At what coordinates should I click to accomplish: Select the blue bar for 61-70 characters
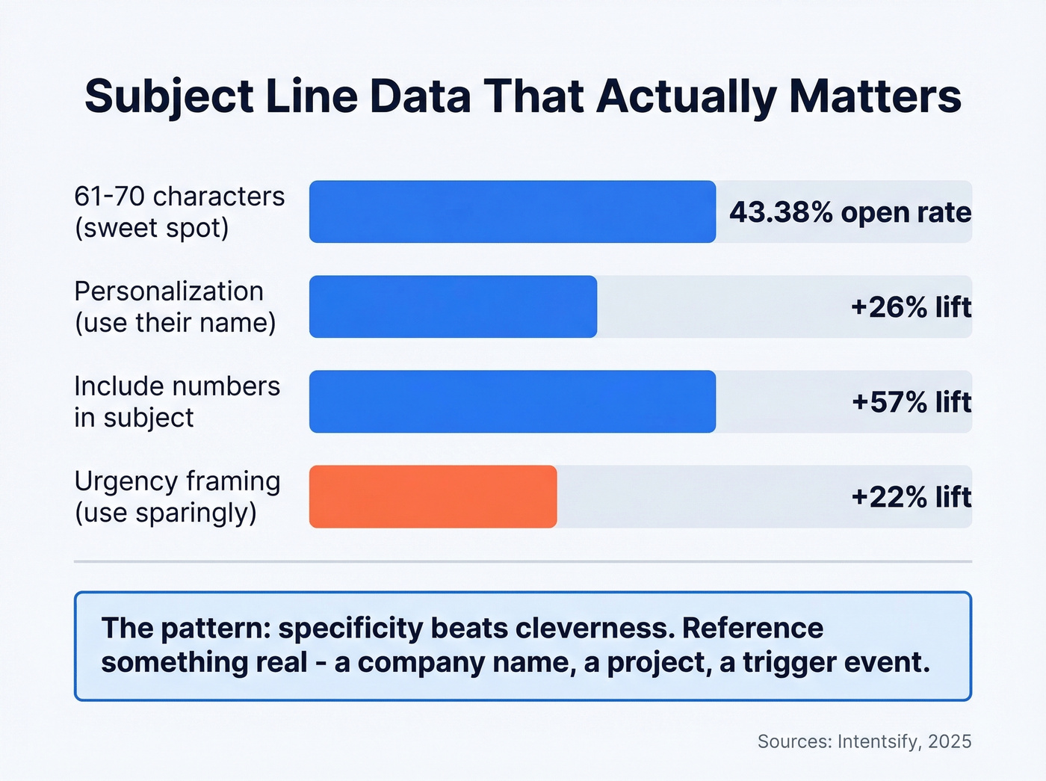coord(513,212)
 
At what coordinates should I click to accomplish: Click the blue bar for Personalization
coord(453,306)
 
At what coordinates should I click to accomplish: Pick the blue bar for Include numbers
coord(513,401)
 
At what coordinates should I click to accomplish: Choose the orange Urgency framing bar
coord(433,496)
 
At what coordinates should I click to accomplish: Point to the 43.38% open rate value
coord(850,212)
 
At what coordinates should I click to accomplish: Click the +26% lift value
coord(911,307)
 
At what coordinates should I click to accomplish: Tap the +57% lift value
coord(911,402)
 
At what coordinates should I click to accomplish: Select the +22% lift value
coord(911,497)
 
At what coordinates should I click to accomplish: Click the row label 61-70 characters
coord(179,197)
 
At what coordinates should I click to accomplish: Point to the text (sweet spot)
coord(152,228)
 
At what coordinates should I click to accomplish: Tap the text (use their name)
coord(175,323)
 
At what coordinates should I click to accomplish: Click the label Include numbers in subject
coord(176,401)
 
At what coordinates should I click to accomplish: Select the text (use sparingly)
coord(165,513)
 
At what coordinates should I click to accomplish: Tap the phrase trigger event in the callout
coord(836,662)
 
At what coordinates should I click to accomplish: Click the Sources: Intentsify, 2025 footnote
coord(864,741)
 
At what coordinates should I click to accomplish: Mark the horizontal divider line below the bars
coord(523,561)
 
